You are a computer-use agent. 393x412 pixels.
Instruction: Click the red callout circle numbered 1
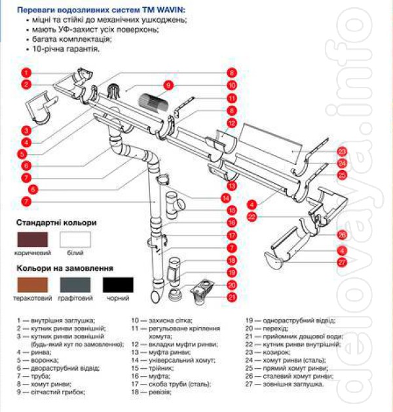tap(26, 72)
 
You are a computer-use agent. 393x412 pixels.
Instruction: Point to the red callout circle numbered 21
tap(232, 297)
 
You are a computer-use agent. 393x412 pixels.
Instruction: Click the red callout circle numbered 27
tap(342, 262)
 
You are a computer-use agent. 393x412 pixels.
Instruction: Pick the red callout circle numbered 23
tap(342, 152)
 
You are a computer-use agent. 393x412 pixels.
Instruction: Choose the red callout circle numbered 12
tap(231, 123)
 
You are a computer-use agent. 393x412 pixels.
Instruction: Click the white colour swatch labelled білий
tap(75, 239)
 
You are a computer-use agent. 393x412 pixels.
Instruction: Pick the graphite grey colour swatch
tap(75, 284)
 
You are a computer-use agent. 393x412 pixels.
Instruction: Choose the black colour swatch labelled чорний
tap(118, 284)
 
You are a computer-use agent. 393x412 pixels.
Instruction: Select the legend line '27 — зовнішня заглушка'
tap(284, 384)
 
